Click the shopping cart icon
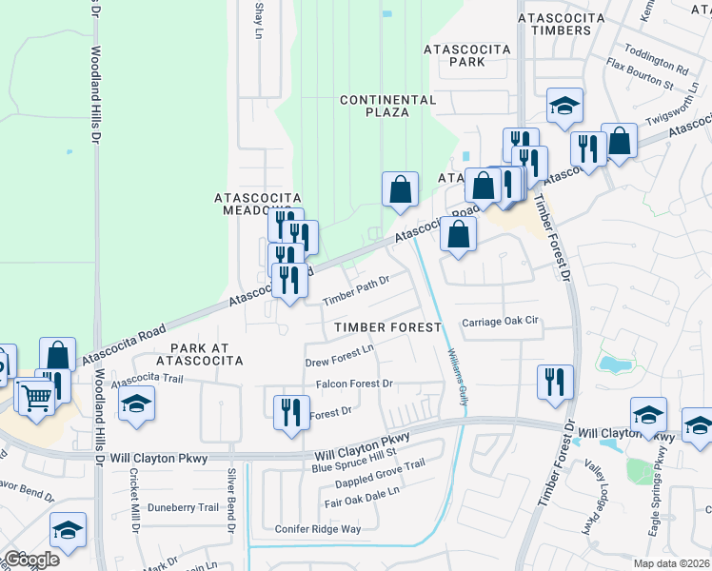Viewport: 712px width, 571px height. tap(35, 397)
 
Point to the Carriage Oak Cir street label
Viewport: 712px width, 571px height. tap(500, 322)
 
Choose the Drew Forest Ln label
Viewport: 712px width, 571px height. tap(340, 357)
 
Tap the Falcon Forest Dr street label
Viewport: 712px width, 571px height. tap(354, 384)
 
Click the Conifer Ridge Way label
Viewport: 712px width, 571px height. tap(318, 529)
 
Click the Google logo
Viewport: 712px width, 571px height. tap(30, 559)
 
